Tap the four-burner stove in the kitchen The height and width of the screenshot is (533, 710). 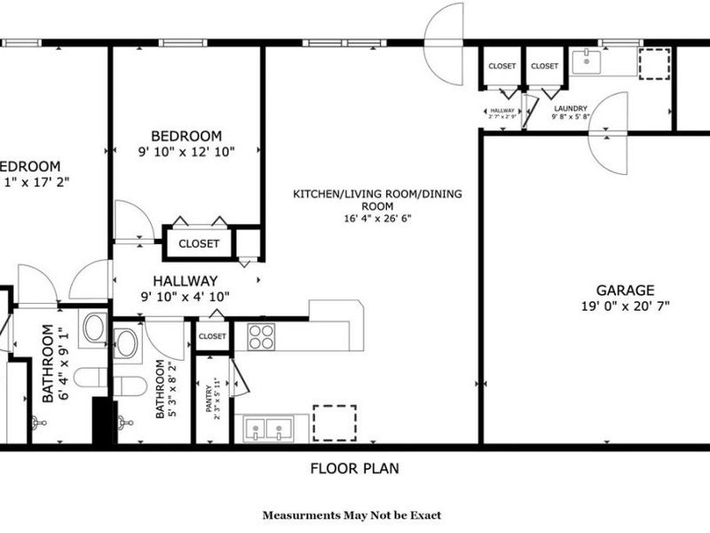261,336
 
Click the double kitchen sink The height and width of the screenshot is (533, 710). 266,430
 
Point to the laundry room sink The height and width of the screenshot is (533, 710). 587,62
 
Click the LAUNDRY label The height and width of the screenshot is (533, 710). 569,108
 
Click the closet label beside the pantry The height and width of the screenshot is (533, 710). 212,337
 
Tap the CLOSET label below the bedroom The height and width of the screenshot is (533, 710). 199,243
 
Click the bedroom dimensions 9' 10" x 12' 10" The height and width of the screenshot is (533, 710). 186,152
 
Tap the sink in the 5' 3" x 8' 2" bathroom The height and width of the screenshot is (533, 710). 126,342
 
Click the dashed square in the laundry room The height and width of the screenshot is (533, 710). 655,65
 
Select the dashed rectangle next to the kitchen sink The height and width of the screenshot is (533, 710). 335,423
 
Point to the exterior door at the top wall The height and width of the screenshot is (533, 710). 445,43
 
